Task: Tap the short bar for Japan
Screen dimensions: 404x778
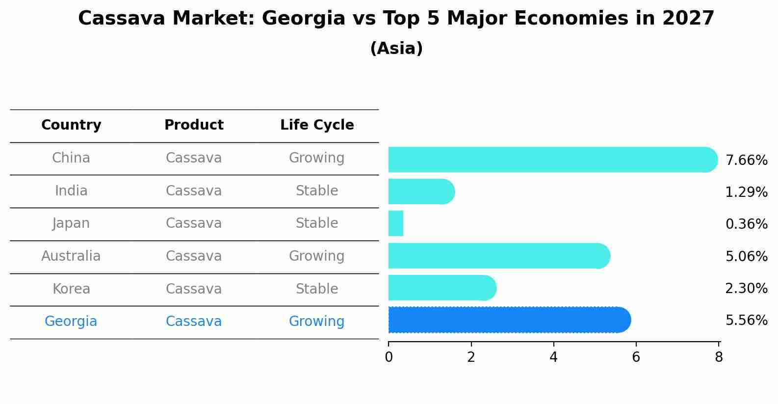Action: click(396, 223)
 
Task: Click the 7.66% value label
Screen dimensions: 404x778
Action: click(746, 161)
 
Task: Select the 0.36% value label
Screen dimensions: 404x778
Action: click(746, 224)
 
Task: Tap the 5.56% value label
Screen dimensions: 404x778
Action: click(746, 321)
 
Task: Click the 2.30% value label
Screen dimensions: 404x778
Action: click(746, 288)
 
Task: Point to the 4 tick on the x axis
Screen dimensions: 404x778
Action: click(554, 357)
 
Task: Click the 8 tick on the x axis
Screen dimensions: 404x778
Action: click(719, 357)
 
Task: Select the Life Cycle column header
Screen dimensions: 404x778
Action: click(317, 125)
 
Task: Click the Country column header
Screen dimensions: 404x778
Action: click(71, 125)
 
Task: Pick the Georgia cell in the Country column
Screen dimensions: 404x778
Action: click(71, 322)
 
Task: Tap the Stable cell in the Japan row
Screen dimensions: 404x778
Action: click(317, 223)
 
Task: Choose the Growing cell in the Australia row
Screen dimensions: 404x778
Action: click(317, 256)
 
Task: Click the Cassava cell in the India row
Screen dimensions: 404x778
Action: click(194, 191)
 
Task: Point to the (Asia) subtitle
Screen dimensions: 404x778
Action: click(396, 49)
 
